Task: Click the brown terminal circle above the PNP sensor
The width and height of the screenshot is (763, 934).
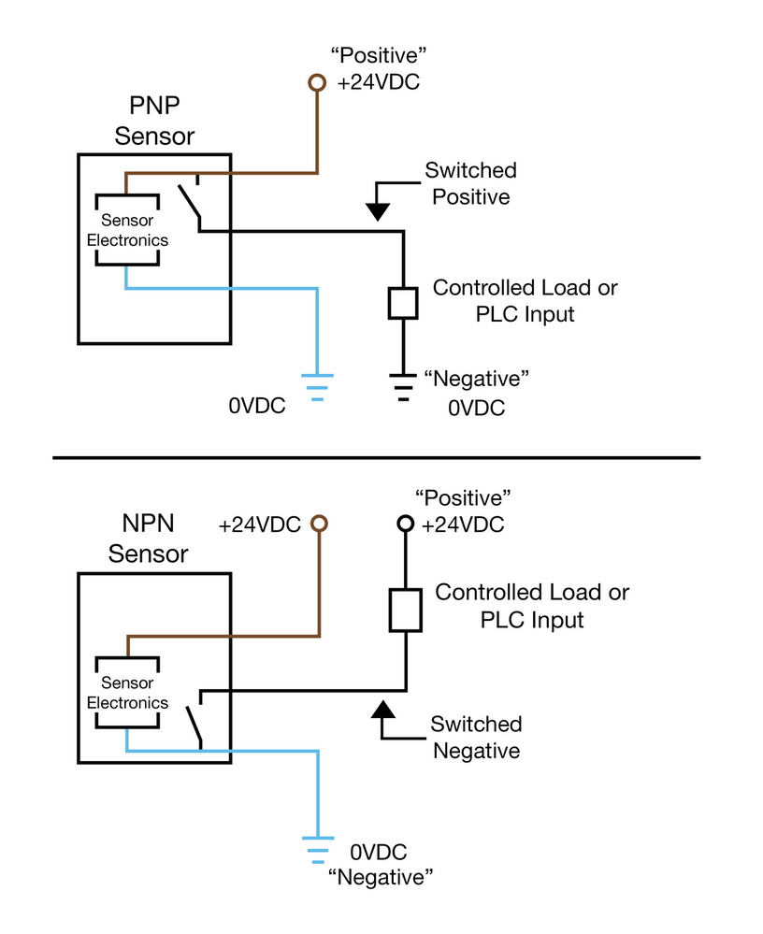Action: point(317,83)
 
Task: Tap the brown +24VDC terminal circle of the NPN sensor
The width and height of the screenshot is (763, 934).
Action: point(318,524)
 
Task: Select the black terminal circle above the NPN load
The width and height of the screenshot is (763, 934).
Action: point(405,524)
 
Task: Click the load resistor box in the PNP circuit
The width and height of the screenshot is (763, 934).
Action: point(402,303)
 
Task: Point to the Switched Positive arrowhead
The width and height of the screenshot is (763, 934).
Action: point(378,212)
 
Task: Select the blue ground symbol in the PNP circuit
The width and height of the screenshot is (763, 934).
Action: point(317,386)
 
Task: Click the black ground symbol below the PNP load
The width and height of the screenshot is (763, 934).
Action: point(403,384)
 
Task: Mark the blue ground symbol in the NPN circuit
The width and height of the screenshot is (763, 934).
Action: point(318,850)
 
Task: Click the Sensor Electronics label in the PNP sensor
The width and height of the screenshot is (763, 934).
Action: point(127,230)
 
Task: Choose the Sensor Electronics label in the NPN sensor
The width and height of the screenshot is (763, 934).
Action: point(127,693)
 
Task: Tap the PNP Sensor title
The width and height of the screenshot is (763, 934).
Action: point(154,122)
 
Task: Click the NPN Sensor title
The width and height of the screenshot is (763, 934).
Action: point(149,539)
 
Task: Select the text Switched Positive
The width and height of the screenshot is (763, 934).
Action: point(470,183)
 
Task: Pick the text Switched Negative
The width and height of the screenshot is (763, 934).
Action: point(476,737)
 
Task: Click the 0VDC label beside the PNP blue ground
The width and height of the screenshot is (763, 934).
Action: point(257,407)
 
